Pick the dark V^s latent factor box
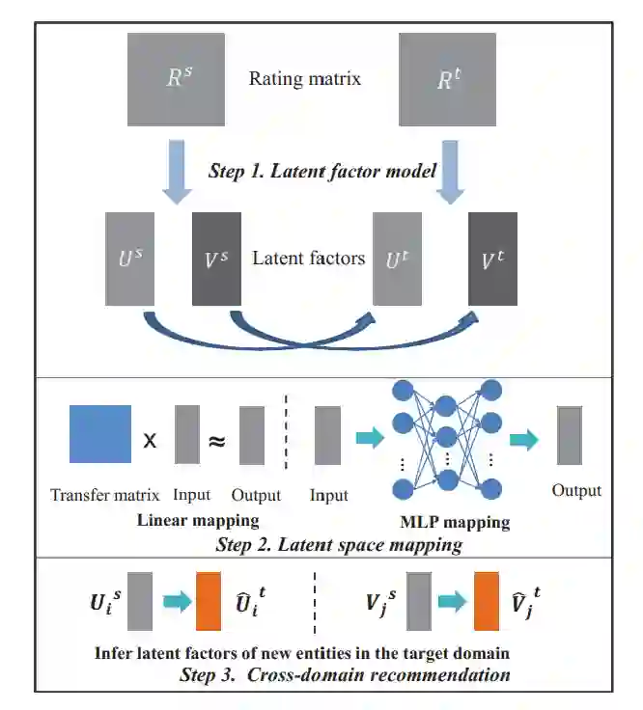216,259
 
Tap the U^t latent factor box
398,259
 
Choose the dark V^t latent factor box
492,259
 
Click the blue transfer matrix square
100,435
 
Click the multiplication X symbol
151,440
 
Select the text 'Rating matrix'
305,78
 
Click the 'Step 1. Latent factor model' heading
322,170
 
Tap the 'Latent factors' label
308,258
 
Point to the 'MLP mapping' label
454,524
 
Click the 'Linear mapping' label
197,520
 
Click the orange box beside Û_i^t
209,602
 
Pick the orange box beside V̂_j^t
485,602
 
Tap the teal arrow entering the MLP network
369,439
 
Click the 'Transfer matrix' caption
103,495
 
